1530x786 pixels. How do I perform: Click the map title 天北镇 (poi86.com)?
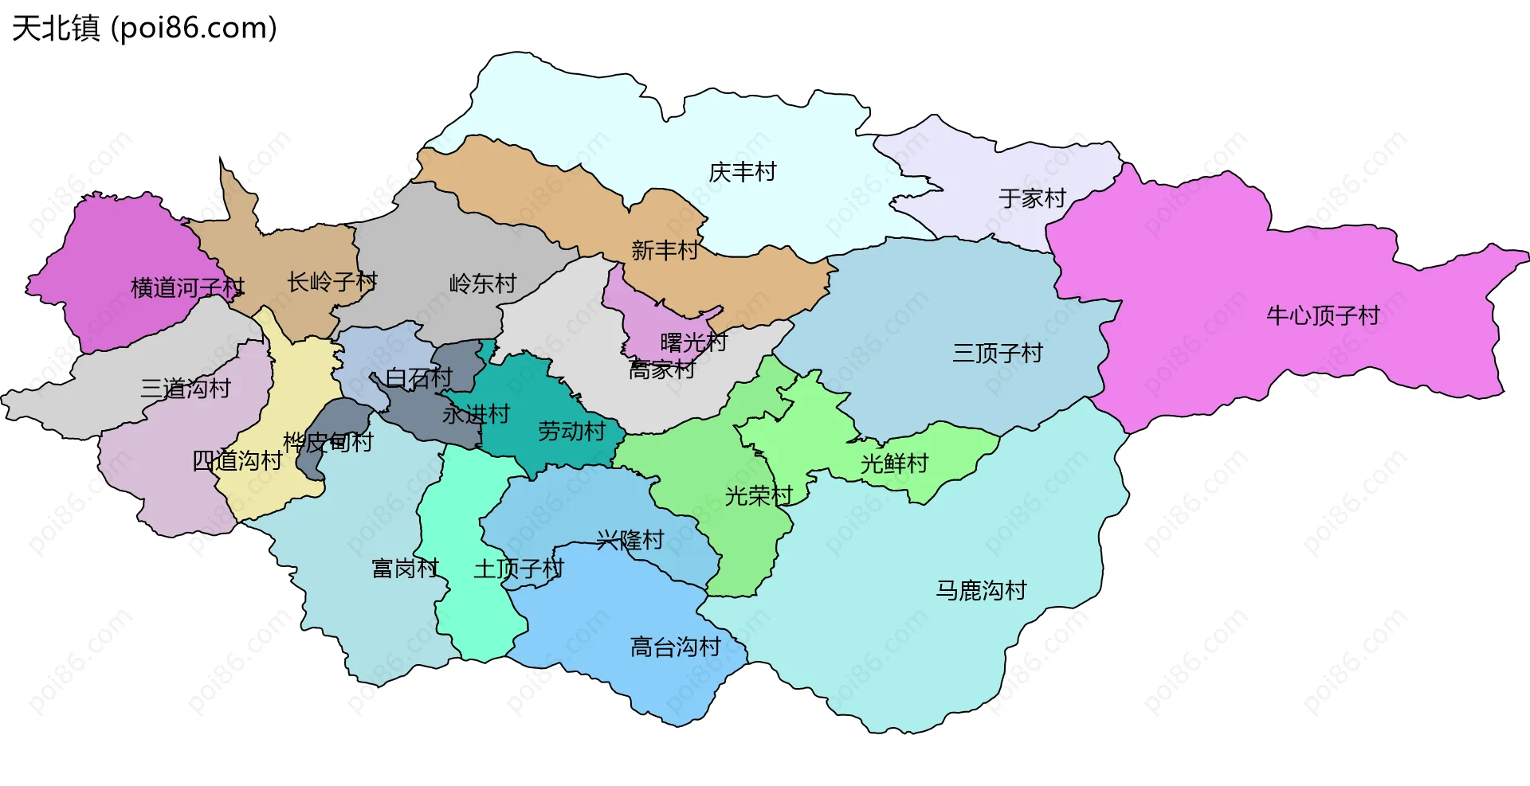coord(144,28)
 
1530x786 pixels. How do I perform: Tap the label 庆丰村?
coord(742,172)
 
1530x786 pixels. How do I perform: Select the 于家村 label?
coord(1032,198)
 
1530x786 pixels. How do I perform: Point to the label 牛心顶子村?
coord(1323,316)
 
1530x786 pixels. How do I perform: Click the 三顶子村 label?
coord(998,353)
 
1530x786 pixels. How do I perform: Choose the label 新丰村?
coord(665,251)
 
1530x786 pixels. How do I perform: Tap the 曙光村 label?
coord(693,342)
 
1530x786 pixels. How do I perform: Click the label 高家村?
coord(661,370)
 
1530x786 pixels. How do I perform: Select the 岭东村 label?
coord(483,284)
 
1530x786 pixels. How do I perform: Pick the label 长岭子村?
coord(332,281)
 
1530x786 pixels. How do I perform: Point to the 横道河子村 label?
coord(187,287)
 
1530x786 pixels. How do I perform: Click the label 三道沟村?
coord(186,388)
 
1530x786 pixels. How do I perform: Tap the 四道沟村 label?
coord(237,460)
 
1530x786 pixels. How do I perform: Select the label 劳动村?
coord(571,432)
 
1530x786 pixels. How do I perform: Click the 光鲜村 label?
coord(894,463)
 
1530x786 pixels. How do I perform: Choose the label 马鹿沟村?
coord(981,590)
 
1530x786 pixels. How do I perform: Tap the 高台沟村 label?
coord(675,647)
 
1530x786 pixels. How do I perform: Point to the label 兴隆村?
coord(630,540)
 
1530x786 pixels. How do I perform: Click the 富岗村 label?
coord(405,569)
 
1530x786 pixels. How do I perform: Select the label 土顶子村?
coord(518,569)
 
